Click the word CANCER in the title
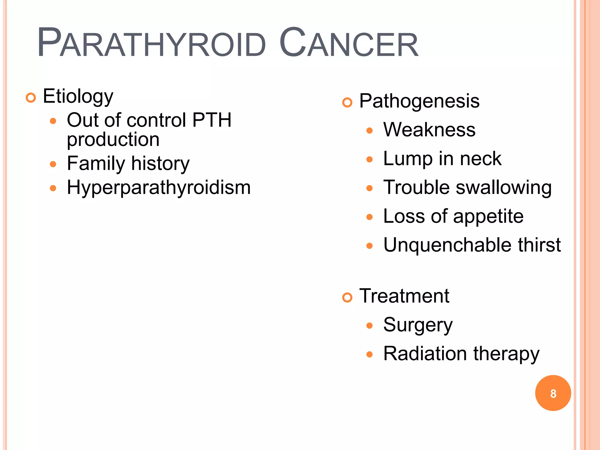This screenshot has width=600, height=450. pos(349,43)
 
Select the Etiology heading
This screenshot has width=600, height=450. pos(78,96)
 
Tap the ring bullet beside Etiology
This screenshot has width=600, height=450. pos(31,98)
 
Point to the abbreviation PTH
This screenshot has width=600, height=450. pos(212,120)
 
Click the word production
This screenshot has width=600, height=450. pos(113,139)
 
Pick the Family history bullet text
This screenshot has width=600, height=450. pos(128,163)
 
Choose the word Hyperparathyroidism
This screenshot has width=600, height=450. pos(158,187)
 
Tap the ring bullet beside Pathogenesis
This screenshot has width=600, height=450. pos(347,103)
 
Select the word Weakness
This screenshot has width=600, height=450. pos(429,129)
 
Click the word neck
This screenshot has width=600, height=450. pos(480,158)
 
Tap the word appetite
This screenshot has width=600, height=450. pos(488,217)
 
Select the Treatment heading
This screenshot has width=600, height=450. pos(404,296)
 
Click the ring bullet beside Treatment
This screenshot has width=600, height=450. pos(347,298)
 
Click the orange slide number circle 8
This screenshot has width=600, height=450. pos(553,393)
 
